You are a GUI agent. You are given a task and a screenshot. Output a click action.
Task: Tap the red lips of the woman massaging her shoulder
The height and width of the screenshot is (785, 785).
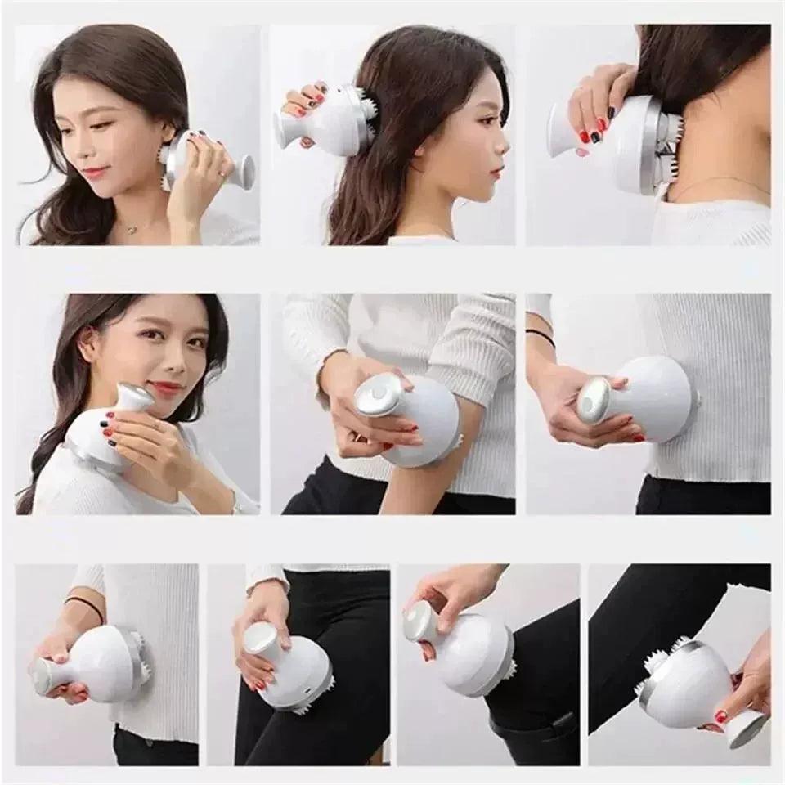[x=165, y=388]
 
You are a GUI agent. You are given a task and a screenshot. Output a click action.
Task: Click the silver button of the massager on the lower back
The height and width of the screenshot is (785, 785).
[x=594, y=401]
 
